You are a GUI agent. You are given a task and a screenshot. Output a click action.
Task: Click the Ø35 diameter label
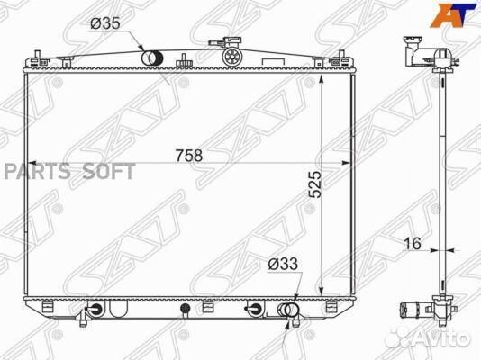pyautogui.click(x=104, y=23)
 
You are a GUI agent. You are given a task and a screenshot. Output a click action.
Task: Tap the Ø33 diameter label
pyautogui.click(x=283, y=264)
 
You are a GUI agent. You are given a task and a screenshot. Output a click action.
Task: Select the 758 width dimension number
pyautogui.click(x=189, y=156)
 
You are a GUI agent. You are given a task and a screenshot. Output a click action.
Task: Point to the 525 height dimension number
pyautogui.click(x=315, y=184)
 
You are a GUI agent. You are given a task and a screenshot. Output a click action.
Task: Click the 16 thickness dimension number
pyautogui.click(x=413, y=244)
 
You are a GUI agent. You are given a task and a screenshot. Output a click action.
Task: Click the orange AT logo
pyautogui.click(x=453, y=15)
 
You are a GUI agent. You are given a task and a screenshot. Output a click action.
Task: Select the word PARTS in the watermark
pyautogui.click(x=37, y=171)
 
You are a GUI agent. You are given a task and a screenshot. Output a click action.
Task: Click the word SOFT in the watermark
pyautogui.click(x=109, y=171)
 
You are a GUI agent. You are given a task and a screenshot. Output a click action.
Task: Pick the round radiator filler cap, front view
pyautogui.click(x=232, y=56)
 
